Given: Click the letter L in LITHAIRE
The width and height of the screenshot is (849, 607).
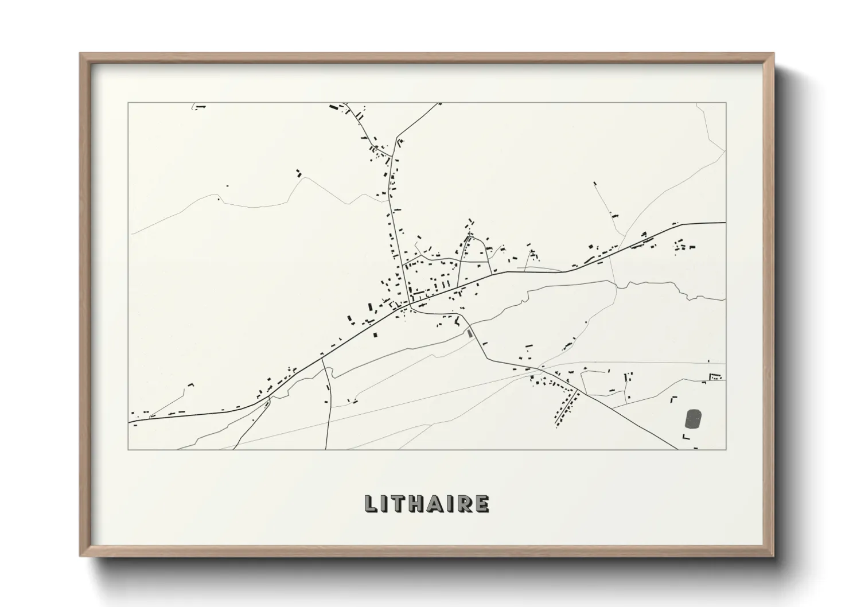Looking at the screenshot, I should point(371,504).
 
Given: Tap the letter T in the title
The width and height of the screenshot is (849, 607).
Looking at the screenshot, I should point(400,504).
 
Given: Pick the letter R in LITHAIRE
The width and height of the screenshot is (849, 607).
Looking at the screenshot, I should point(465,504).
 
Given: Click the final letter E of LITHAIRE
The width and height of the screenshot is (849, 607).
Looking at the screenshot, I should point(482,504).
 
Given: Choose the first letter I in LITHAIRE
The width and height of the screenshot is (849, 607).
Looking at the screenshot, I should point(385,504).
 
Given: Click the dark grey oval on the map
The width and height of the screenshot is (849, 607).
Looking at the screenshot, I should point(694,418).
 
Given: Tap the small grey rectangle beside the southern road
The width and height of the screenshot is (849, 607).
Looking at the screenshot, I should point(470,333).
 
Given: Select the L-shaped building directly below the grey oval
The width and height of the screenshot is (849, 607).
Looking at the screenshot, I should point(685,438).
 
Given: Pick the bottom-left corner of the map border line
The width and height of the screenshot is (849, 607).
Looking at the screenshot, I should point(128,449).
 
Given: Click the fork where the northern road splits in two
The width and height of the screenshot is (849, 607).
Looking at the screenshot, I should point(395,138).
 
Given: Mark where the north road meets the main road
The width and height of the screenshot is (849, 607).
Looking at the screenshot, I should point(409,302).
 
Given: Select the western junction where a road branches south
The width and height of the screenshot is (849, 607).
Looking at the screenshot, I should point(322,358).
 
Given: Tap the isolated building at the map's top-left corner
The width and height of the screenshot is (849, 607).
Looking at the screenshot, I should point(199,106).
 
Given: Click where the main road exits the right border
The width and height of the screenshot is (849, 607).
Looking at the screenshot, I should point(725,223).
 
